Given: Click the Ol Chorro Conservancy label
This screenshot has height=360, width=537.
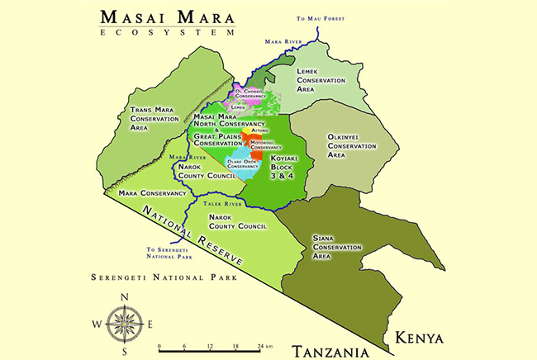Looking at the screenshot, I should (x=254, y=92).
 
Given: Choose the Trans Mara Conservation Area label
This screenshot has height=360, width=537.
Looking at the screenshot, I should (x=155, y=119).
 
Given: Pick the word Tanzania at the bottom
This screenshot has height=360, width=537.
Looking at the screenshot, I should (x=330, y=352).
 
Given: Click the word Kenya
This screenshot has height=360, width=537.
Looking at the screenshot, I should (x=419, y=338).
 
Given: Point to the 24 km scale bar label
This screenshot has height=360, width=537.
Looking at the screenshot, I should (x=263, y=346).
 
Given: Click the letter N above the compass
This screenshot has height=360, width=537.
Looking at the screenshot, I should (x=125, y=297).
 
